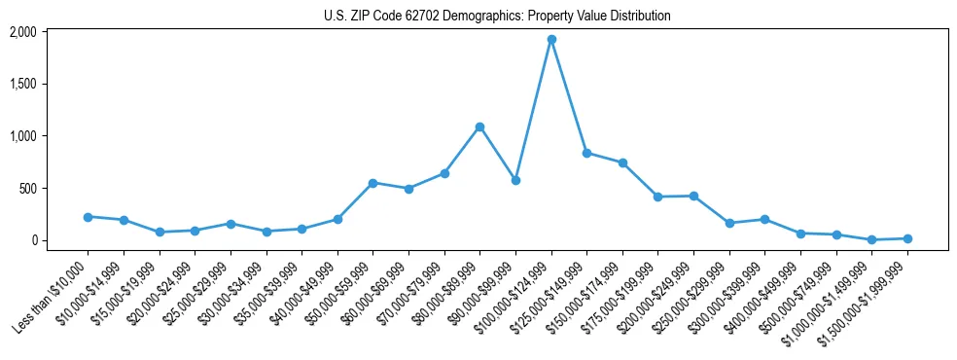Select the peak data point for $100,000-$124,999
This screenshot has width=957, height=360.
(551, 40)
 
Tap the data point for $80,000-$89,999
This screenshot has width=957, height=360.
(479, 126)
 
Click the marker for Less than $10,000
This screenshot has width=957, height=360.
(88, 217)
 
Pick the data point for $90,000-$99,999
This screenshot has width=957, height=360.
(515, 180)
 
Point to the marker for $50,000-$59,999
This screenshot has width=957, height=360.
(372, 183)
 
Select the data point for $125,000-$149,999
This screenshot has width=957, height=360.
(586, 153)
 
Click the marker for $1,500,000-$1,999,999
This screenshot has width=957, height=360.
(907, 238)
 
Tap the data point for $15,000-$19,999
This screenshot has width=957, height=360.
(159, 232)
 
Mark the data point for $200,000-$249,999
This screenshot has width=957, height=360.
(693, 196)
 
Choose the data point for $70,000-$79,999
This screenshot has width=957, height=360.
(444, 173)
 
